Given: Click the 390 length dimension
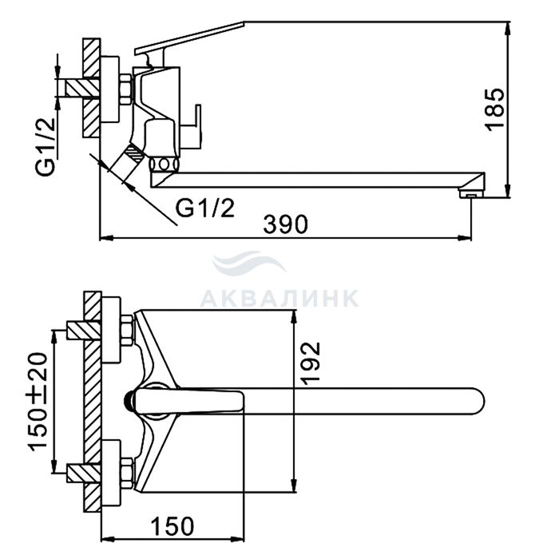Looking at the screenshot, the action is (x=285, y=224).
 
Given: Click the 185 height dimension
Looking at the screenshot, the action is (x=496, y=109).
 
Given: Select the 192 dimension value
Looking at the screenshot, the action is (x=311, y=363).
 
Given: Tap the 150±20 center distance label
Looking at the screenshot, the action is (x=38, y=402).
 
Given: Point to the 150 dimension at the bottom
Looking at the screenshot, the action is (x=172, y=526).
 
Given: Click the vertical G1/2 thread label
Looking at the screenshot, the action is (x=46, y=146).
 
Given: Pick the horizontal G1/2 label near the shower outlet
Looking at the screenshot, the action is (x=205, y=208).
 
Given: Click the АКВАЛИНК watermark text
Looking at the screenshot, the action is (x=279, y=298).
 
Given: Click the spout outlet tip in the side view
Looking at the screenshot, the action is (x=471, y=194).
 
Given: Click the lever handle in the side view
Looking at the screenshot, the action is (x=189, y=38).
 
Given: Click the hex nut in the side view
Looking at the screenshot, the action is (x=126, y=89).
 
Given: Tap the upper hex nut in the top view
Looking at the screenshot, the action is (x=127, y=331).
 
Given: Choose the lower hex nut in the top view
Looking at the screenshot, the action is (x=127, y=473).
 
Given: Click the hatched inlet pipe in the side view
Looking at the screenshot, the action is (x=83, y=88).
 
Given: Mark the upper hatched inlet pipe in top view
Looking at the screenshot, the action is (x=84, y=331).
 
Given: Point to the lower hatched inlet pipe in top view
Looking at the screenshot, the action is (x=84, y=473).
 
